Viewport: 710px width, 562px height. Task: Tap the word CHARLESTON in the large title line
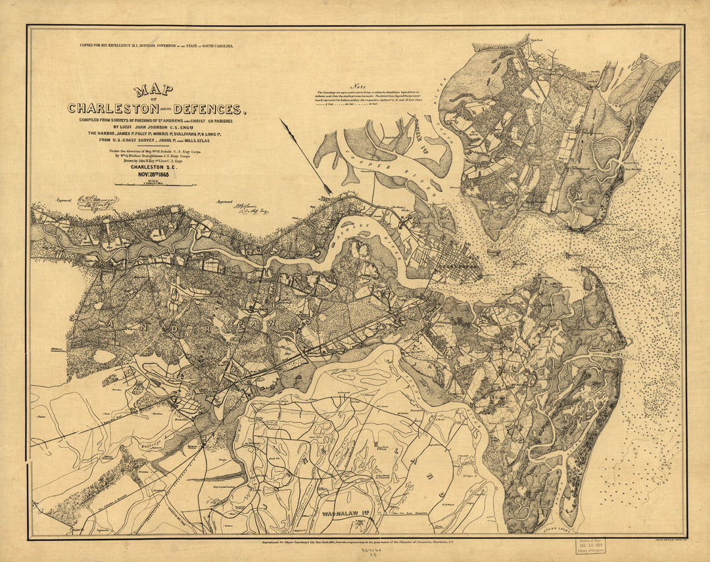point(114,108)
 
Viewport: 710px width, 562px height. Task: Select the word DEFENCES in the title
point(210,109)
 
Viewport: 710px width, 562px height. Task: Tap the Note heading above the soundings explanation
point(358,85)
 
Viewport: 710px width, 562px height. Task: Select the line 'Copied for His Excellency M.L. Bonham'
point(156,47)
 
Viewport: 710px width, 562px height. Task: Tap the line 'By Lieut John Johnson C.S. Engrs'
point(156,127)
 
